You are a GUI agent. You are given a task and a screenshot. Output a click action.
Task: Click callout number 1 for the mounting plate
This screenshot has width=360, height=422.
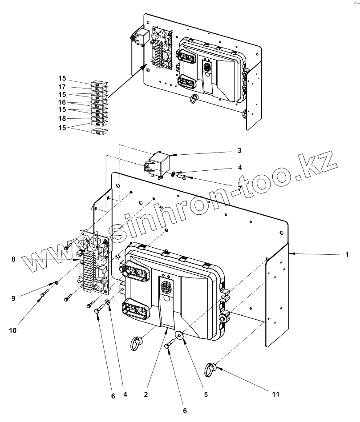346,255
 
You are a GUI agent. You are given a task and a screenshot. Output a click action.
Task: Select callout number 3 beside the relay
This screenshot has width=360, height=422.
239,151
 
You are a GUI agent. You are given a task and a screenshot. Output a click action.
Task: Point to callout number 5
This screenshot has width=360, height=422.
205,394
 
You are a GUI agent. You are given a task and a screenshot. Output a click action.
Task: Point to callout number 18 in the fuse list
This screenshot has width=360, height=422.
62,118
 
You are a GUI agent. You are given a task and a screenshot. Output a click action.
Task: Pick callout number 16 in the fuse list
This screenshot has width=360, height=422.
62,102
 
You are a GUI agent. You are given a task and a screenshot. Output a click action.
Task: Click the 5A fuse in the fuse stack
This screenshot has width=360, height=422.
97,88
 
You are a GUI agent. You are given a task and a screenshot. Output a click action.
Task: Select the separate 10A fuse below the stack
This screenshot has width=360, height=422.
97,132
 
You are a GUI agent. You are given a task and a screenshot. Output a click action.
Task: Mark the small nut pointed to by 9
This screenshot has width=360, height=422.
57,282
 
